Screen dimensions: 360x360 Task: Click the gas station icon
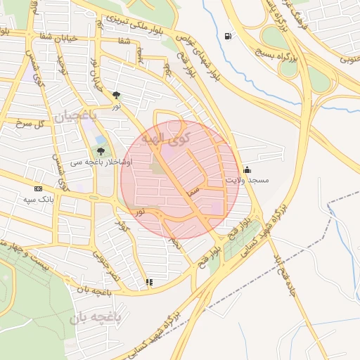(227, 37)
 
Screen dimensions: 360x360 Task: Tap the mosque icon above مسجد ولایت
(247, 169)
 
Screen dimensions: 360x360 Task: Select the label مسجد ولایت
(247, 181)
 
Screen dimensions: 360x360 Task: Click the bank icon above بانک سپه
(38, 188)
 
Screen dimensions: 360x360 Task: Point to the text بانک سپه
(38, 200)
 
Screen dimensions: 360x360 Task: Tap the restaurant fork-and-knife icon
(148, 283)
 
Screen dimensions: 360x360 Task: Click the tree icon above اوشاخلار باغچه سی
(101, 150)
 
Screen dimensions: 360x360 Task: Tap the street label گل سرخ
(30, 123)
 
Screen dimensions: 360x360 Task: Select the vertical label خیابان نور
(96, 78)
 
